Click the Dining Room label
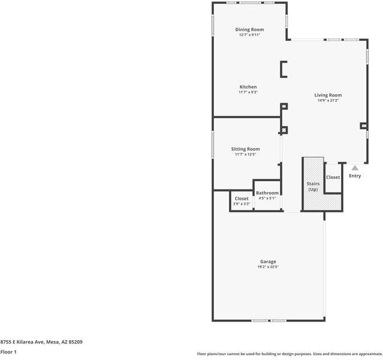[249, 29]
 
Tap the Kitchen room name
[248, 87]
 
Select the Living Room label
[328, 95]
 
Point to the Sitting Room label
[245, 149]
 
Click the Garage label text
[268, 262]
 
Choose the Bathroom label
[267, 193]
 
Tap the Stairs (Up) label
[313, 187]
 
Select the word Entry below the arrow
[355, 176]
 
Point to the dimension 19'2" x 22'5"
[268, 267]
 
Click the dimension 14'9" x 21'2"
[328, 100]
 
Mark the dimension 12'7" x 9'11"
[249, 35]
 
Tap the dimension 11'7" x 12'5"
[245, 154]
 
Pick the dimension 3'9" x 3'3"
[242, 204]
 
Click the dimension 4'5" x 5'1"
[267, 199]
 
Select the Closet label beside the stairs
[333, 178]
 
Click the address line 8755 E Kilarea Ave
[41, 342]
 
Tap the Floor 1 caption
[8, 352]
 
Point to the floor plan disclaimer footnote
[289, 354]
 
